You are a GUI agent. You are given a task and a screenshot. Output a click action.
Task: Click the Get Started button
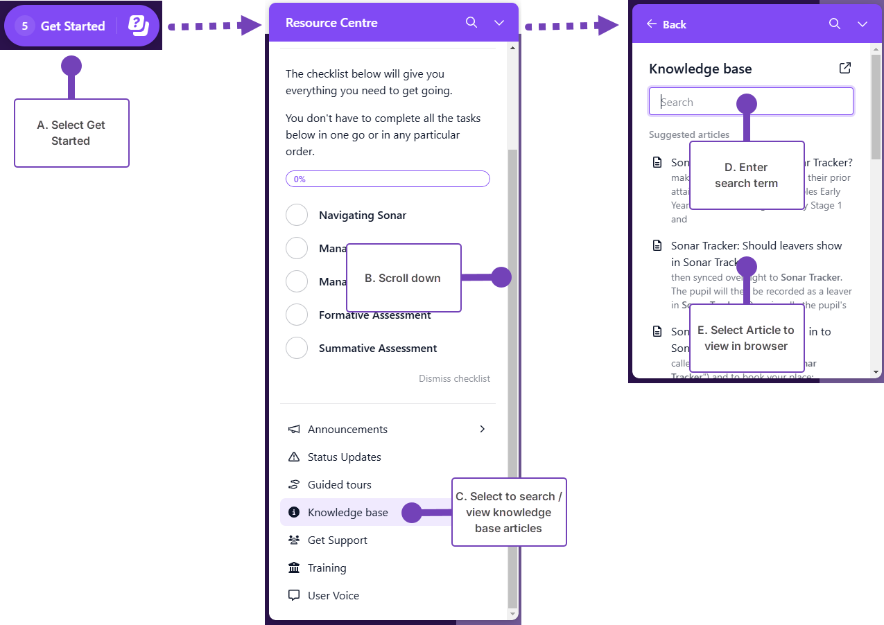(x=72, y=26)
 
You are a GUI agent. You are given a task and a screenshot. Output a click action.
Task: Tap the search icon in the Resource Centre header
(x=471, y=23)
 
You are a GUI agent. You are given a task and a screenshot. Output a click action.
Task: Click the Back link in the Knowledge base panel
(x=666, y=24)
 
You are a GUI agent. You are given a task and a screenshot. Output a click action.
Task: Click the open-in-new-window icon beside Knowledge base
(x=844, y=68)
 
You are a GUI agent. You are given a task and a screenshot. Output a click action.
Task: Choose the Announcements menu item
(x=347, y=430)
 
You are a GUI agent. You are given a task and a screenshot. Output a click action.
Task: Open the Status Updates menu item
(x=344, y=457)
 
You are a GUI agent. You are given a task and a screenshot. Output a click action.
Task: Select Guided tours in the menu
(x=339, y=485)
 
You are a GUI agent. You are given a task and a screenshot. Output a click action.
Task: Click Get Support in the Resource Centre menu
(x=337, y=540)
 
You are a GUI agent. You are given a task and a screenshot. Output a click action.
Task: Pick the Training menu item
(x=327, y=568)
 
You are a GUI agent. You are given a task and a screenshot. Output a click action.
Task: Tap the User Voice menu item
(x=333, y=596)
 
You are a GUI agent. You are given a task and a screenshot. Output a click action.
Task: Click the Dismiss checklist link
(x=454, y=379)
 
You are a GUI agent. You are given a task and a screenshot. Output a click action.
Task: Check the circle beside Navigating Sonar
(x=297, y=215)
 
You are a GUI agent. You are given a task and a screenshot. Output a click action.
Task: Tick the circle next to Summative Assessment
(x=297, y=349)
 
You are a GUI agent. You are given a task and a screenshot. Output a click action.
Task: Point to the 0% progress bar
(x=388, y=179)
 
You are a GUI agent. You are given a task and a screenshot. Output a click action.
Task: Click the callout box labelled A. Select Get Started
(x=71, y=133)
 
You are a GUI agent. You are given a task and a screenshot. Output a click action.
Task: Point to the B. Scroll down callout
(x=403, y=278)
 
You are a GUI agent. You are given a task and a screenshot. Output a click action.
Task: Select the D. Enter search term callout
(x=746, y=175)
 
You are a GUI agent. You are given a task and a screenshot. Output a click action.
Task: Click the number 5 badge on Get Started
(x=25, y=26)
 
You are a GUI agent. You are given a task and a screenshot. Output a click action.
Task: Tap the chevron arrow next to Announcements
(x=483, y=430)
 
